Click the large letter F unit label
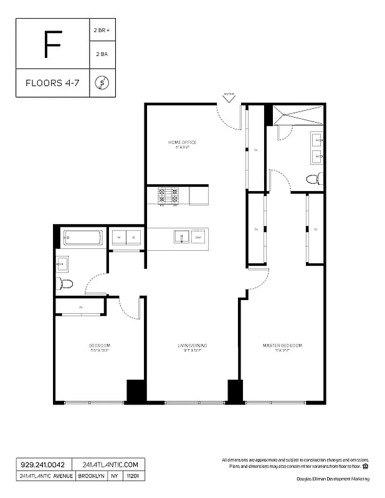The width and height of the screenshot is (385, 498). point(52,44)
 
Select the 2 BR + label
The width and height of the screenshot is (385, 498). point(102,29)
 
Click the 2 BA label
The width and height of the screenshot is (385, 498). point(102,55)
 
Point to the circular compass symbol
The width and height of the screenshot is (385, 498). point(102,83)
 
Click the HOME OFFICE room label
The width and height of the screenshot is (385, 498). point(182,143)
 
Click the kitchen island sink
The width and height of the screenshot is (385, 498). point(181,237)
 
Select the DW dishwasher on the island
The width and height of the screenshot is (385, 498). point(199,238)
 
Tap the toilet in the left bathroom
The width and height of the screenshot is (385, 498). point(65,284)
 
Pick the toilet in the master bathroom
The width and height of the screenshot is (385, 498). point(315,179)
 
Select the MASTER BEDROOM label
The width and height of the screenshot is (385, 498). point(282,345)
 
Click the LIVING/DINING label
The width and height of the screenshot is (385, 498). point(192,345)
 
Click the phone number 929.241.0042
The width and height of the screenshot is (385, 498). point(42,464)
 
